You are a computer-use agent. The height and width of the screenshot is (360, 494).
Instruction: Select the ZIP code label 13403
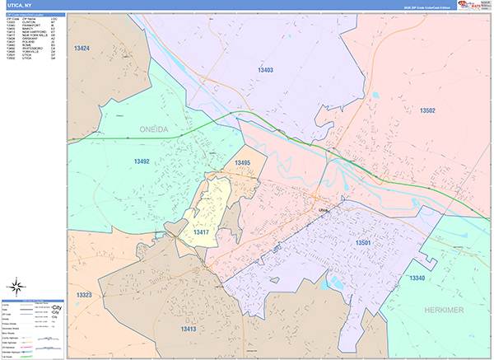(x=264, y=70)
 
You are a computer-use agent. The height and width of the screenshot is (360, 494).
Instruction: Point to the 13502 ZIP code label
(x=426, y=110)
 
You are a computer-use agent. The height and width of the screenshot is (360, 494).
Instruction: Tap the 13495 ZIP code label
(x=241, y=163)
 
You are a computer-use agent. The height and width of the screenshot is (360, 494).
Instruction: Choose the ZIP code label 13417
(x=202, y=233)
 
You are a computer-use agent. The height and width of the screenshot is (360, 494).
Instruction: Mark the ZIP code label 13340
(x=417, y=278)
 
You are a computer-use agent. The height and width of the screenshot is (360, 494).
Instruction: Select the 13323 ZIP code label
(x=85, y=294)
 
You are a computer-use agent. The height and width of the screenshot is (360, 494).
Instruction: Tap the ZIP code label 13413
(x=189, y=329)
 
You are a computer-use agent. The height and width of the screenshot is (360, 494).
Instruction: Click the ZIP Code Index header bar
(x=34, y=16)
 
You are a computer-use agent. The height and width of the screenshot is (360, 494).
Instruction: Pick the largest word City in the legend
(x=56, y=306)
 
